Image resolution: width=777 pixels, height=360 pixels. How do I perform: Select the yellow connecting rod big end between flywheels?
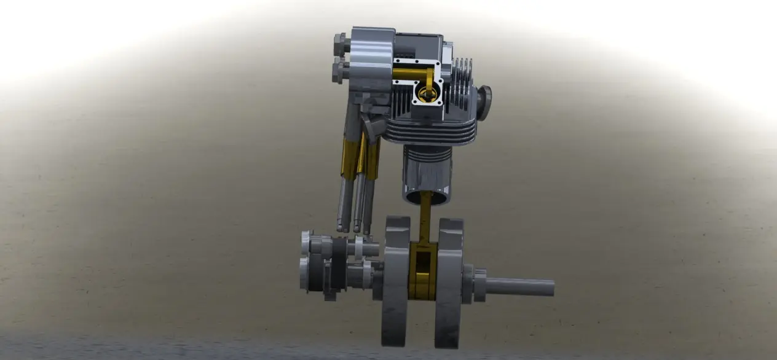(x=423, y=270)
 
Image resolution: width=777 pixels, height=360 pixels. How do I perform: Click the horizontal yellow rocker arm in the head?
(x=408, y=74)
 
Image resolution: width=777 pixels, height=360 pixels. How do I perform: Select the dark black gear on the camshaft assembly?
(x=337, y=264)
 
